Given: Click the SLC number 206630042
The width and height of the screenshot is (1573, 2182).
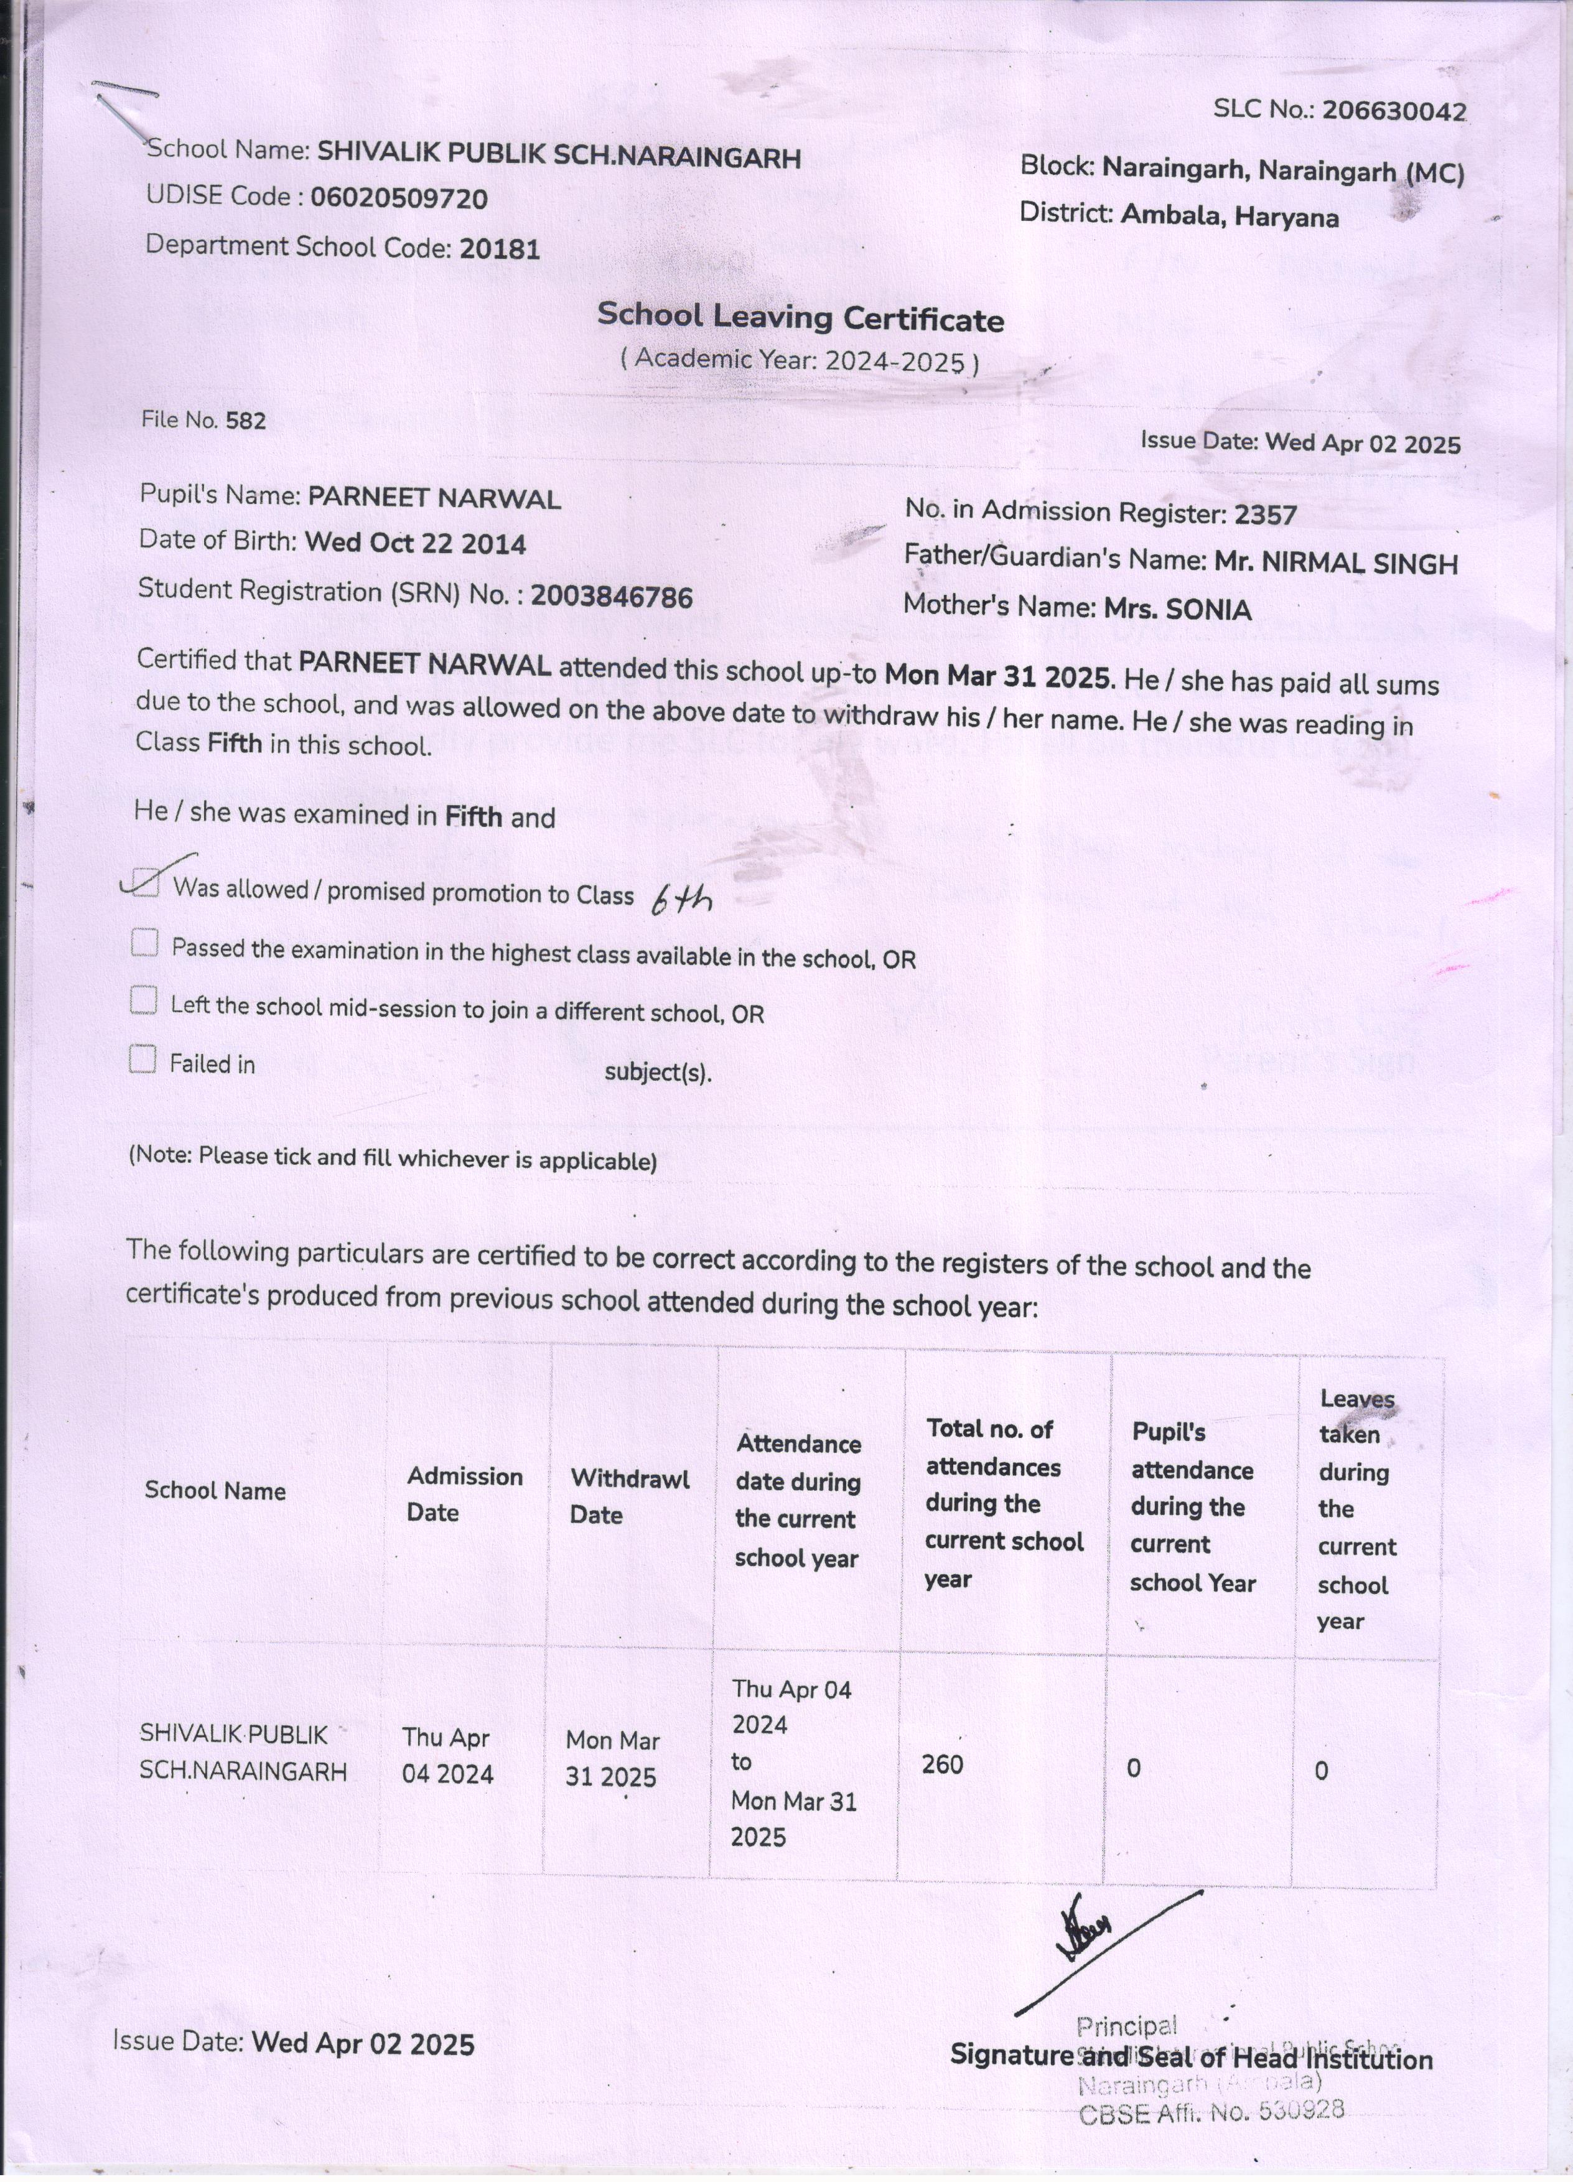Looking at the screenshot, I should click(1393, 111).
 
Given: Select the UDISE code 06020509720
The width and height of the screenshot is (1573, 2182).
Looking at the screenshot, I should click(398, 199).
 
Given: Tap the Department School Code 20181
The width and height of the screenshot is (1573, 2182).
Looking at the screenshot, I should click(499, 249).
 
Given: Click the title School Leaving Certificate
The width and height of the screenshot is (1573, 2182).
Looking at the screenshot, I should click(800, 317).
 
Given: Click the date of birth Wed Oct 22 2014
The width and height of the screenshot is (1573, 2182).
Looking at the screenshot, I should click(414, 544).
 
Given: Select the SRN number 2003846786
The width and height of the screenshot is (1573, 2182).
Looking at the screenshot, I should click(611, 597).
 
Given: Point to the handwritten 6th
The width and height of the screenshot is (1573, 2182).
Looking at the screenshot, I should click(681, 900).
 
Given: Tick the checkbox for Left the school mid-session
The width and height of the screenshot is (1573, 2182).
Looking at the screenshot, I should click(143, 1000).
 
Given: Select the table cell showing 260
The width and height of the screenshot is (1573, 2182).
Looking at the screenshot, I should click(942, 1763).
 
